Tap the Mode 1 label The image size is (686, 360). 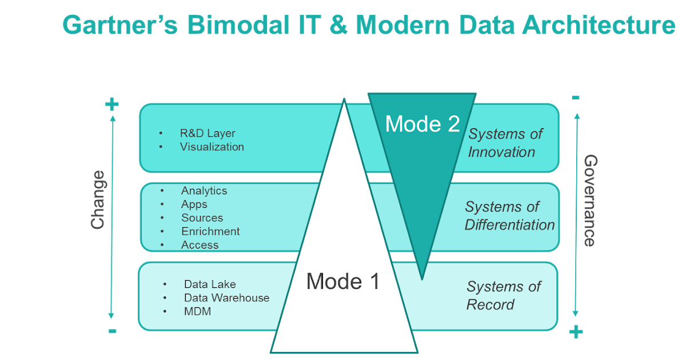[342, 281]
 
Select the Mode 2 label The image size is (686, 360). [422, 124]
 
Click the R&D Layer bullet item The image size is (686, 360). [208, 133]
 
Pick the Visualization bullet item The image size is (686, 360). [212, 147]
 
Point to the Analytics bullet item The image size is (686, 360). [204, 191]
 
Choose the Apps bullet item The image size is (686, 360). [194, 205]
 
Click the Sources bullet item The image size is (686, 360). [202, 218]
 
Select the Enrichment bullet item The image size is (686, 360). [210, 231]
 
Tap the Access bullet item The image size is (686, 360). [200, 245]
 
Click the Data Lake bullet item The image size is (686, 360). [210, 284]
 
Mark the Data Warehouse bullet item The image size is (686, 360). [226, 298]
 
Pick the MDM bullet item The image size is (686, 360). [197, 311]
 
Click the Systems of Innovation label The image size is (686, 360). [505, 143]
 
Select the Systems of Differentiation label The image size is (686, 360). [509, 215]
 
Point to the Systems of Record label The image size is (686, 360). [503, 295]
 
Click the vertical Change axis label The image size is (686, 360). [98, 199]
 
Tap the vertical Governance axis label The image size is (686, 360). [590, 200]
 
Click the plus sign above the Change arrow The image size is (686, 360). [112, 104]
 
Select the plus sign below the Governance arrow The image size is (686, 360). [576, 331]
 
